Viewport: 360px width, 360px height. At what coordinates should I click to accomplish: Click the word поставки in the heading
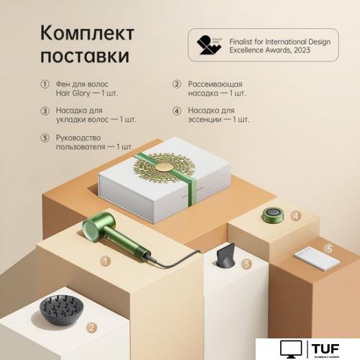click(x=86, y=55)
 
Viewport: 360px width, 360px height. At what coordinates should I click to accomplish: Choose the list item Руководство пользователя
click(x=86, y=142)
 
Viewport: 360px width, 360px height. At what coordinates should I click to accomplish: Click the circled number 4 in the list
click(x=176, y=111)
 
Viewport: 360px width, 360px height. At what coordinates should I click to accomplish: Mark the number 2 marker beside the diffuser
click(x=91, y=328)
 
